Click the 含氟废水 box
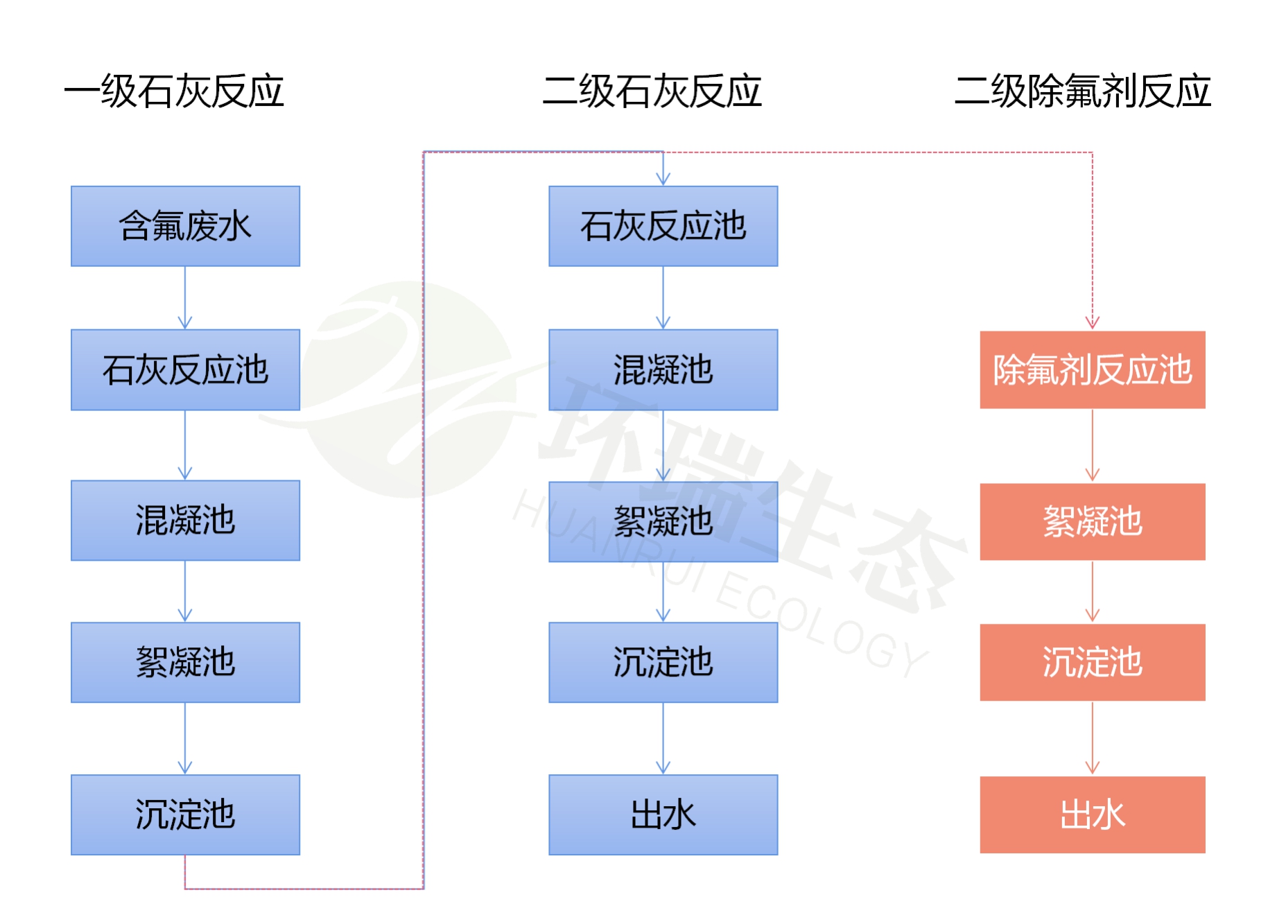coord(185,226)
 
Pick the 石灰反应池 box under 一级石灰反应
coord(185,369)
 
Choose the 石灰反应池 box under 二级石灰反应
coord(663,226)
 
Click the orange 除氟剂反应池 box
coord(1092,369)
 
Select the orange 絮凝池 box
coord(1092,521)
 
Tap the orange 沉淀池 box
coord(1092,662)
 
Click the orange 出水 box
coord(1092,814)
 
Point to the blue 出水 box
coord(663,814)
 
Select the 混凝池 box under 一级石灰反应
coord(185,520)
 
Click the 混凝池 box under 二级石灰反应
coord(663,369)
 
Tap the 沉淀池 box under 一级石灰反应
coord(185,814)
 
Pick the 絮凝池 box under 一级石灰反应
coord(185,662)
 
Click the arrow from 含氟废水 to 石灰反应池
coord(185,298)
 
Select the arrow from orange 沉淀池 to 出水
coord(1093,738)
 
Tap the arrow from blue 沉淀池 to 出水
coord(663,738)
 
